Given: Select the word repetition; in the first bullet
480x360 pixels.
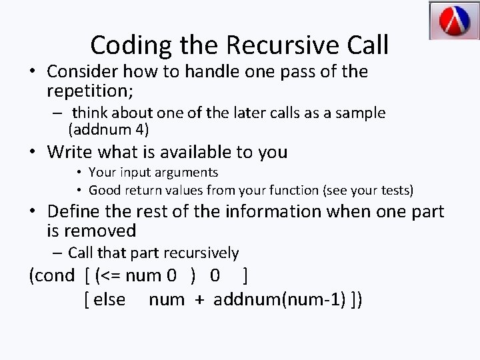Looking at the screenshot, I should tap(89, 89).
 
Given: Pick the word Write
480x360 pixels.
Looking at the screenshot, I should tap(73, 152).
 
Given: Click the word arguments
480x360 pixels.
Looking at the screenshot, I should tap(185, 173).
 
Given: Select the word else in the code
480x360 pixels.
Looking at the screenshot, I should tap(109, 299).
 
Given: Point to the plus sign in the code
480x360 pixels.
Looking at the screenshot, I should tap(199, 300).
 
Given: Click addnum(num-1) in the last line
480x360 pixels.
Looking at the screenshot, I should tap(279, 299).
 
